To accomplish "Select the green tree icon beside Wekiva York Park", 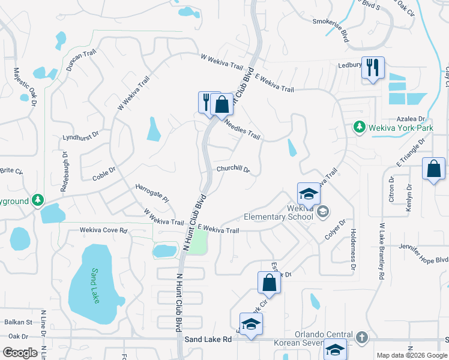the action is click(359, 127).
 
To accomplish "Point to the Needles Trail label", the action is click(242, 129).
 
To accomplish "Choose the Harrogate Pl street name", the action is click(152, 193).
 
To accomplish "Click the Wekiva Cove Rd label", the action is click(104, 230).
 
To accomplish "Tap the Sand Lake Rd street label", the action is click(208, 340).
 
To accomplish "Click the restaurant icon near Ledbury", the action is click(373, 67).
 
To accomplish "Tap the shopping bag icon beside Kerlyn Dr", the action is click(433, 169).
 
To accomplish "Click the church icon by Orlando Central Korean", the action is click(361, 337).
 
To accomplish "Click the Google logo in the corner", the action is click(20, 353).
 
